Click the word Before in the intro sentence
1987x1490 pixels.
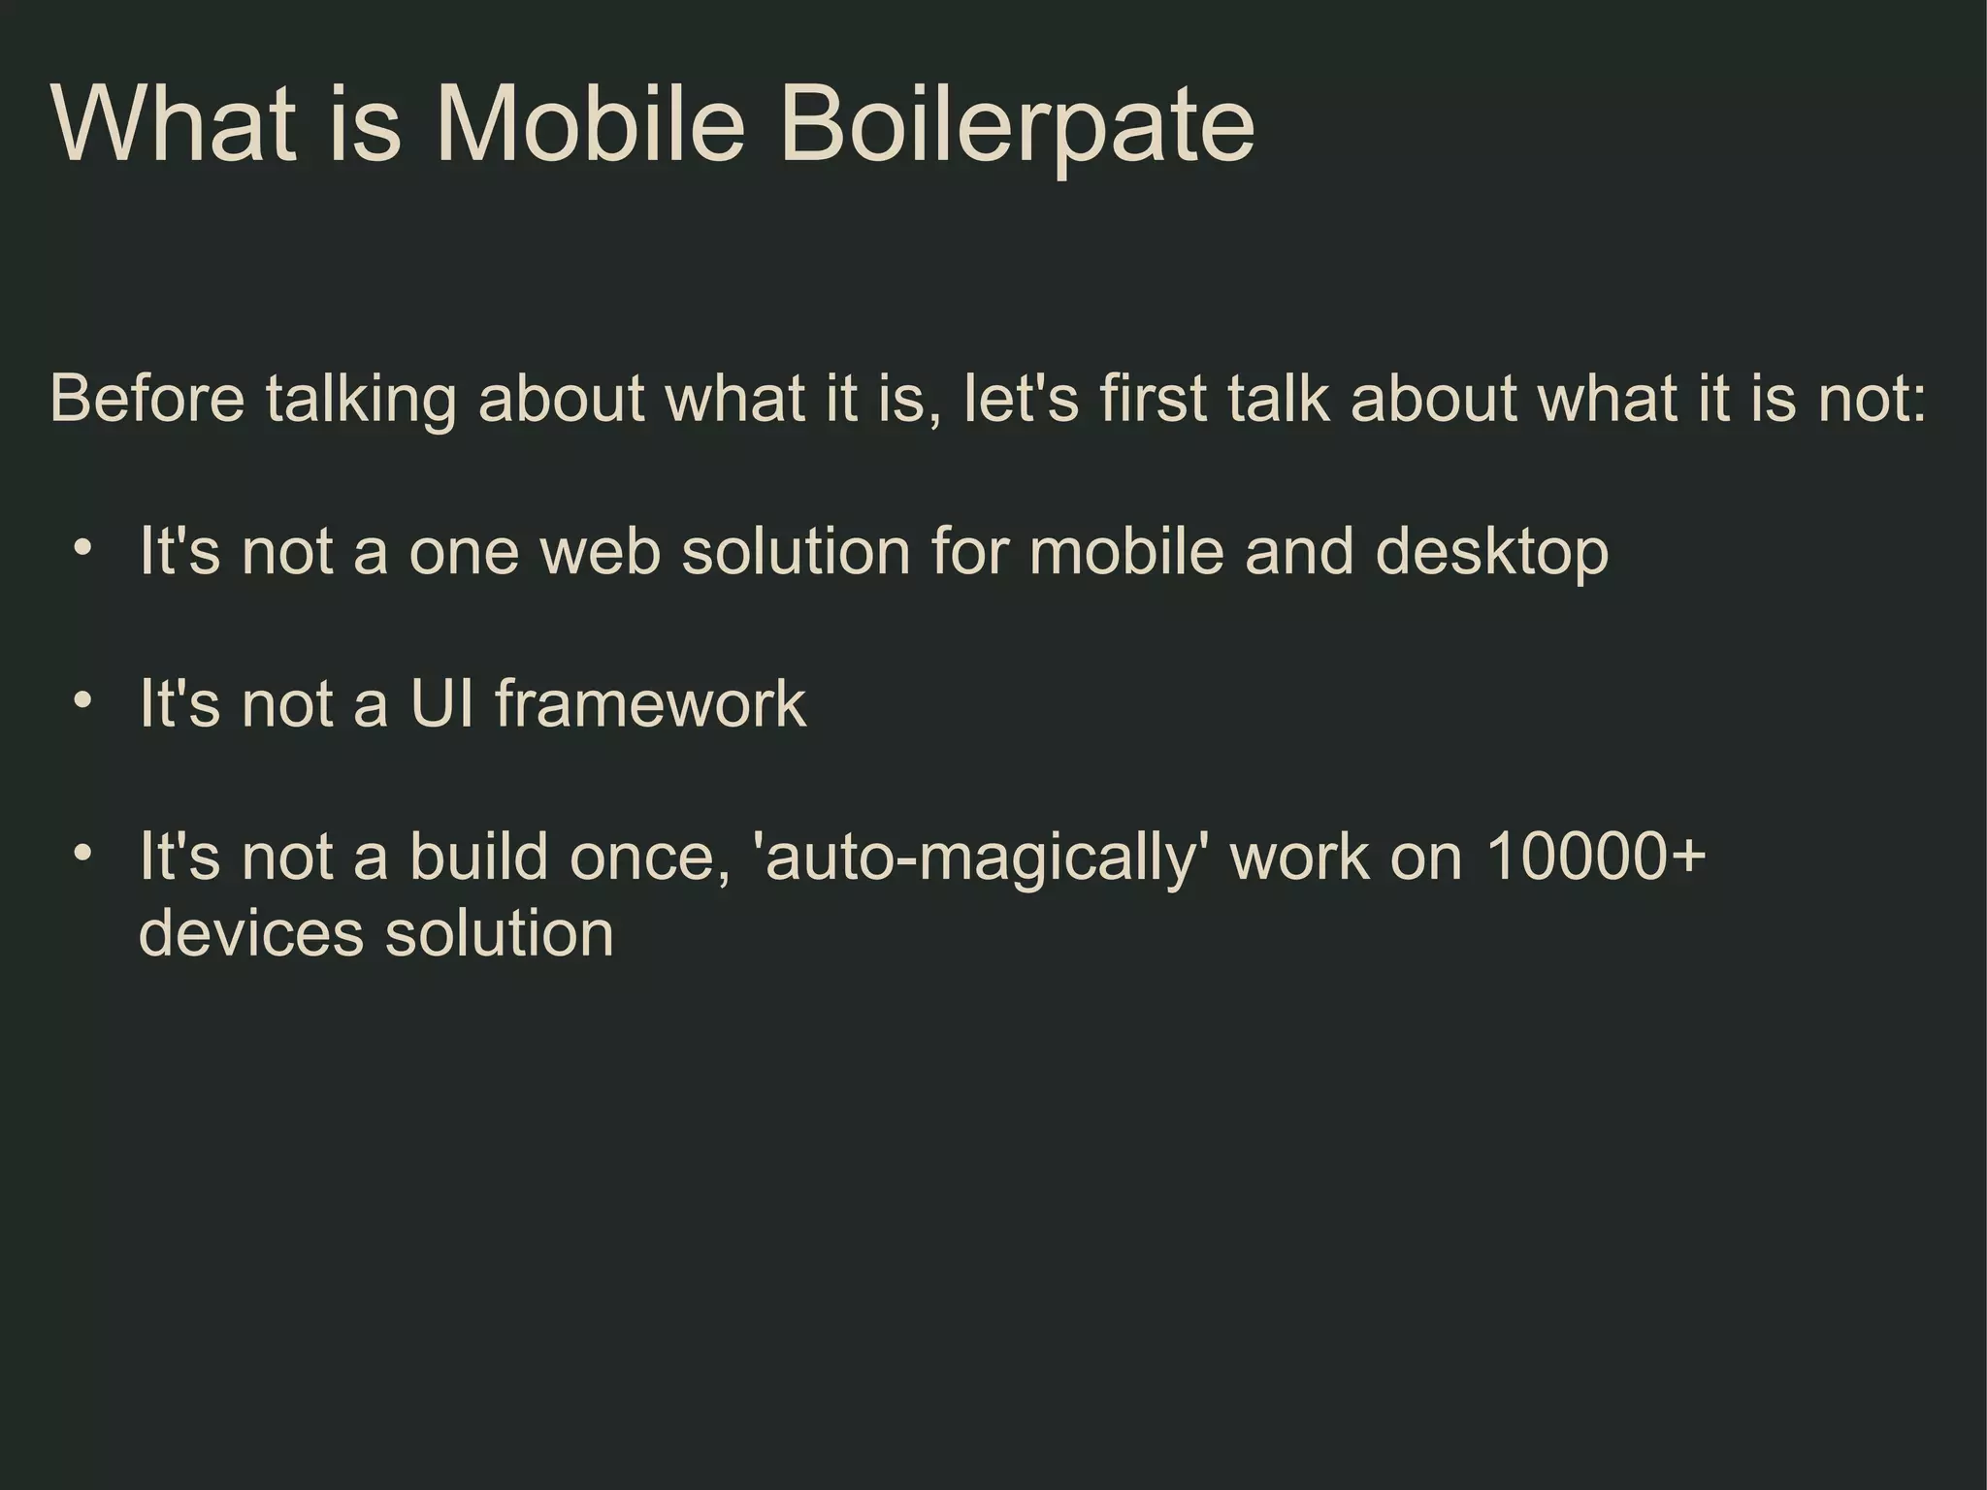pos(147,399)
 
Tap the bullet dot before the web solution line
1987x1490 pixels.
pos(83,549)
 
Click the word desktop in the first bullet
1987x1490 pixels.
pos(1491,553)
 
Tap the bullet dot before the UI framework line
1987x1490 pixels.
pos(83,700)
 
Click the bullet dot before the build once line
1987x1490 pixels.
pos(83,854)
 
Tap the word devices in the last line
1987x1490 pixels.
pos(251,933)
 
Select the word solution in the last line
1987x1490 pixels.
pos(500,933)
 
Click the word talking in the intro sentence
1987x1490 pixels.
pos(360,401)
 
